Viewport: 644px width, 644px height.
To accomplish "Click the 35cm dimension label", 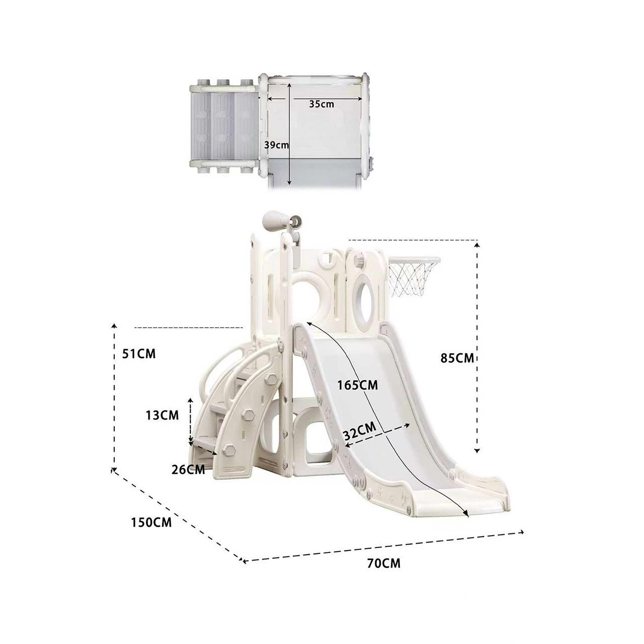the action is (321, 104).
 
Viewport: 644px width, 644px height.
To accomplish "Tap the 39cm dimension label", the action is (276, 145).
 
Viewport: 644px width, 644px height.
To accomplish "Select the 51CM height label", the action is (139, 354).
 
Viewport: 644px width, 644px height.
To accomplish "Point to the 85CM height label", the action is (457, 358).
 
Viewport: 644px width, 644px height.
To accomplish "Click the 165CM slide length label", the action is (357, 385).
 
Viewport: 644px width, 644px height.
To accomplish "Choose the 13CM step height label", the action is (162, 415).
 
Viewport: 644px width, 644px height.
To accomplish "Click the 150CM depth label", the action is (151, 522).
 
